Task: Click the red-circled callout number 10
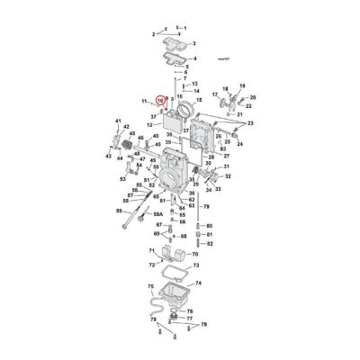point(160,102)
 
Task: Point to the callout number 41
point(117,121)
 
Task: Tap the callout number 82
point(209,243)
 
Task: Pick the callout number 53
point(122,179)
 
